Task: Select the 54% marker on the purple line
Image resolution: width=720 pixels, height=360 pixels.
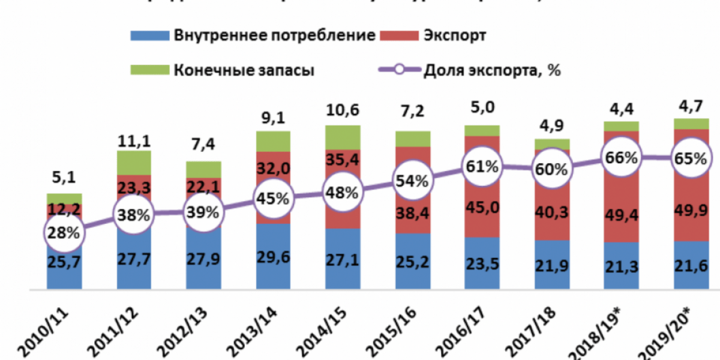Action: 412,181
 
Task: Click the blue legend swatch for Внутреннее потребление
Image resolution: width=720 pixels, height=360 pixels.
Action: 149,35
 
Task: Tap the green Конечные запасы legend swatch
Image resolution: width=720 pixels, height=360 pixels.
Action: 149,70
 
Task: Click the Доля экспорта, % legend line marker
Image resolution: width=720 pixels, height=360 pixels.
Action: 399,70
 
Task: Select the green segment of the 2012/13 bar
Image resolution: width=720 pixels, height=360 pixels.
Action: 203,169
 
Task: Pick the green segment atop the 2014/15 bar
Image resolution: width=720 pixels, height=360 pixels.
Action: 343,137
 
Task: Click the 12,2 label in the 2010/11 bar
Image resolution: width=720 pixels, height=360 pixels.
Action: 65,210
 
